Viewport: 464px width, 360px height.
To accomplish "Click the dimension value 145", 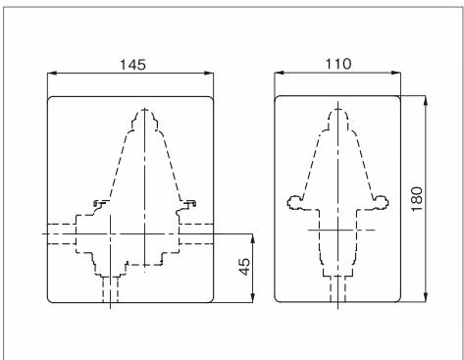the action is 132,65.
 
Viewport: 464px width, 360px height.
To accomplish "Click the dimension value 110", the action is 338,64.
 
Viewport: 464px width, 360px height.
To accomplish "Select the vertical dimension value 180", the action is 417,199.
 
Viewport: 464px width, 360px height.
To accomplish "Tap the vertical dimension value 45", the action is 244,267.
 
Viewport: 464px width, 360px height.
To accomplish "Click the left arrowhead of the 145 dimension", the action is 52,74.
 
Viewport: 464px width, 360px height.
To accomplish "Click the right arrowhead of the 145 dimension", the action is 209,74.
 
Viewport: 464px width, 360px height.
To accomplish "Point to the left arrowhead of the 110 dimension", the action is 280,73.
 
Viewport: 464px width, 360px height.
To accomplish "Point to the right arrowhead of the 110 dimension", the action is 396,73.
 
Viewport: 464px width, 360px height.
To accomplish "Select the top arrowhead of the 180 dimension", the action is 425,101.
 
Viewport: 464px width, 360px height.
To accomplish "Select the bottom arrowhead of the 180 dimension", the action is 425,297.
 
